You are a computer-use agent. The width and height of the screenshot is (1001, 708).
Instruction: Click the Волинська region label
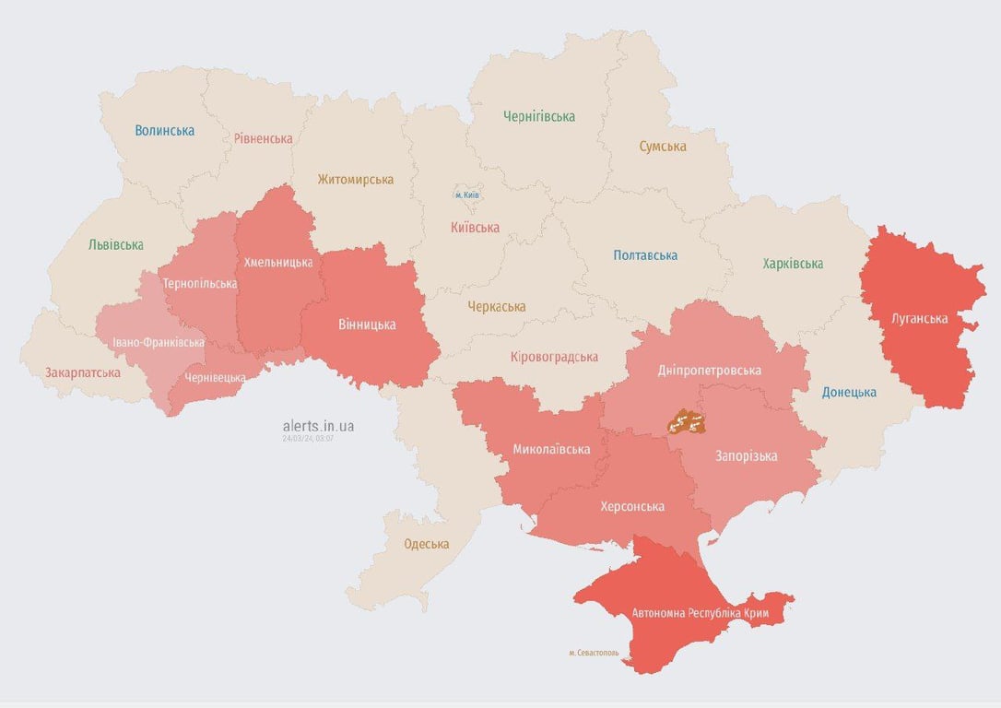(x=164, y=131)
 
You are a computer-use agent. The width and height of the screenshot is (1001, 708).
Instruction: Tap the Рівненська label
(x=263, y=139)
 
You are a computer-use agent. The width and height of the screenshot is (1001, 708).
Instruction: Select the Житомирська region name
(x=355, y=180)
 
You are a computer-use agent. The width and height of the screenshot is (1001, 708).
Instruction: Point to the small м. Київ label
(x=467, y=195)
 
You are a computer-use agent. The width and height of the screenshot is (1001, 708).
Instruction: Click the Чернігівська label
(x=539, y=116)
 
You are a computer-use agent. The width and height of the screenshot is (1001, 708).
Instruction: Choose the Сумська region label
(x=663, y=147)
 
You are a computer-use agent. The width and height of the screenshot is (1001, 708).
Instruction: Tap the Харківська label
(x=793, y=265)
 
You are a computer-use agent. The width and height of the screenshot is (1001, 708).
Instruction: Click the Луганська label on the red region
(x=920, y=319)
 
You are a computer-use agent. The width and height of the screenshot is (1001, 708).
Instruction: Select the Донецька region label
(x=849, y=393)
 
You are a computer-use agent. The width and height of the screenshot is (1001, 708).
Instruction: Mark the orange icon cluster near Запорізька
(x=687, y=422)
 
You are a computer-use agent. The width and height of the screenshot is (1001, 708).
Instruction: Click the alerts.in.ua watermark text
(x=318, y=426)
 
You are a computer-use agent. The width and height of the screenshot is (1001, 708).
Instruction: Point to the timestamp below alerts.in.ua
(x=308, y=439)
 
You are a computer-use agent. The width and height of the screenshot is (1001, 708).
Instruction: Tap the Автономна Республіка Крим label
(x=700, y=613)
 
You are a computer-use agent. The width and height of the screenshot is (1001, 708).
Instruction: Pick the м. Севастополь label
(x=594, y=653)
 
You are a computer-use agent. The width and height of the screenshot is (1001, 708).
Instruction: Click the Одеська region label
(x=427, y=544)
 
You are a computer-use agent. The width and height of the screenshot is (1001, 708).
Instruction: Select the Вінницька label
(x=367, y=324)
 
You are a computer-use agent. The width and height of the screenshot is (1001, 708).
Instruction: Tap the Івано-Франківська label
(x=159, y=343)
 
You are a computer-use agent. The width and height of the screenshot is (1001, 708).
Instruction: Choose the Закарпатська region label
(x=83, y=373)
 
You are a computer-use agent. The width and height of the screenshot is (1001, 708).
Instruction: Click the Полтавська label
(x=645, y=255)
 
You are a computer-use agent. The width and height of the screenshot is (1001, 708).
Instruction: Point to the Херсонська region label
(x=632, y=506)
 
